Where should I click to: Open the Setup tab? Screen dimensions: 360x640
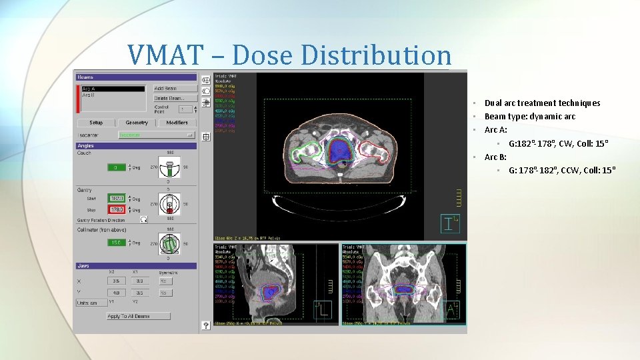click(97, 123)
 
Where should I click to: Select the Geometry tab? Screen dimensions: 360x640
click(137, 123)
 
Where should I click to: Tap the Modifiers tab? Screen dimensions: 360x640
click(177, 123)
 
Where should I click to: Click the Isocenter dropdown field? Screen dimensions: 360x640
click(155, 135)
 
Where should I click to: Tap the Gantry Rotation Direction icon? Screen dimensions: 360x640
click(143, 219)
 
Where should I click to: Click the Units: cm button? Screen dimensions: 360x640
click(91, 303)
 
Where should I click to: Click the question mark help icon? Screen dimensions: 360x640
click(206, 325)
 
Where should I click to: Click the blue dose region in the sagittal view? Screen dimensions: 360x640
click(269, 291)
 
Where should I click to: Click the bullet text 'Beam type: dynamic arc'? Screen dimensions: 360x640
click(529, 117)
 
